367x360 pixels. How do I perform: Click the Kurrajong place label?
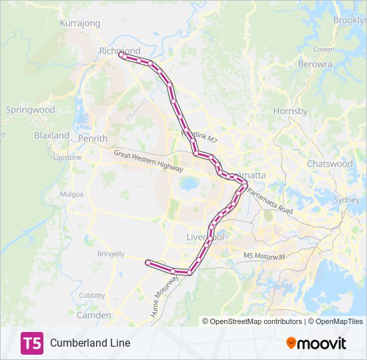click(x=80, y=23)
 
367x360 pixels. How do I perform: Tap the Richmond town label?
click(x=119, y=51)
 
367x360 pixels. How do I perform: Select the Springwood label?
click(x=30, y=109)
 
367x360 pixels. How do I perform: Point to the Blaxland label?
click(x=52, y=135)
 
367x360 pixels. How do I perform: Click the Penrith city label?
click(x=93, y=139)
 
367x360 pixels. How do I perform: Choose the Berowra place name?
click(x=316, y=65)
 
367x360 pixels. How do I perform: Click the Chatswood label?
click(x=330, y=163)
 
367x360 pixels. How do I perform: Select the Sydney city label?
click(x=346, y=199)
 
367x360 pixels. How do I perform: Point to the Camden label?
click(x=93, y=315)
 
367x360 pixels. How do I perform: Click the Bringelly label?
click(x=111, y=254)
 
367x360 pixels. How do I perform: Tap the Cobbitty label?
click(x=92, y=295)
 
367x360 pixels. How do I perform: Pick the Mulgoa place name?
click(x=71, y=194)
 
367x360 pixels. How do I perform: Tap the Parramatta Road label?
click(x=270, y=201)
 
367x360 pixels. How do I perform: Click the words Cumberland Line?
click(x=90, y=343)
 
